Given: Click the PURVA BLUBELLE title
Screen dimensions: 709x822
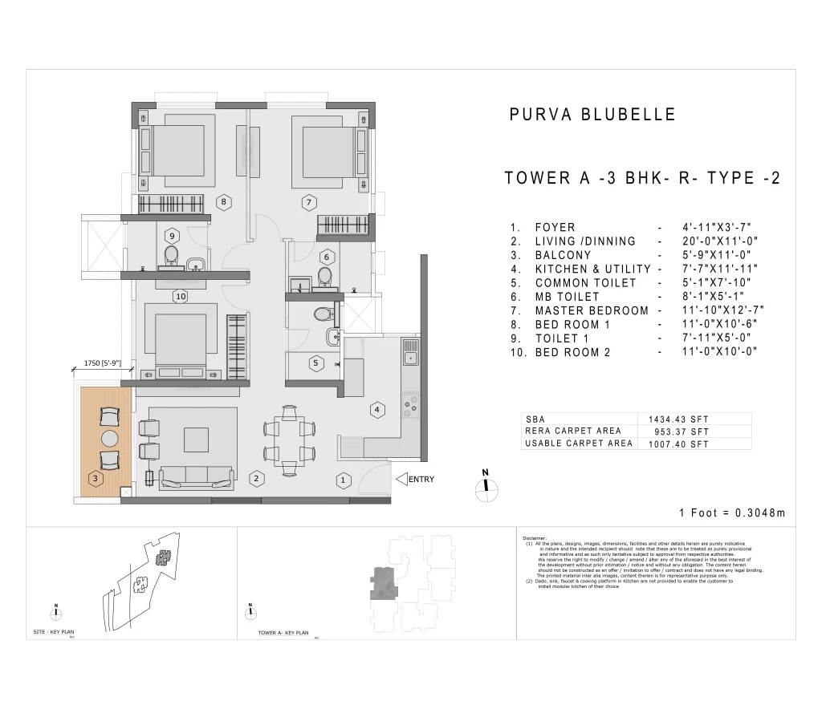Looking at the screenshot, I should (592, 115).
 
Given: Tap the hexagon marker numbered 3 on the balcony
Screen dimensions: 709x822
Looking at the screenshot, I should (96, 479).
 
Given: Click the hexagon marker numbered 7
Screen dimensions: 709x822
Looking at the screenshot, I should (307, 202).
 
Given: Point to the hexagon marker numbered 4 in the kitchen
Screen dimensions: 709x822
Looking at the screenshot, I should (376, 410).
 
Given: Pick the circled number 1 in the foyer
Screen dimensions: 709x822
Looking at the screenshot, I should (343, 480).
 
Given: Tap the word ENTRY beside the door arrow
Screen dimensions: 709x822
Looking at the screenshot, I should (421, 480).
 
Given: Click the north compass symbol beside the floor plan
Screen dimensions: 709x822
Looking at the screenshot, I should (485, 487).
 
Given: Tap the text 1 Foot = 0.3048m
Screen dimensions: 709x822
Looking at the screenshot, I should (731, 513).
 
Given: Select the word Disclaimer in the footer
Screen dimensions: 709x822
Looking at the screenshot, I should (534, 538).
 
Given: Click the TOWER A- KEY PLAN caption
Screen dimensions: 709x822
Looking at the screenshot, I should (283, 633).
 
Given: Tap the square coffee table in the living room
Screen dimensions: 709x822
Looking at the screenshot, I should (197, 439).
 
